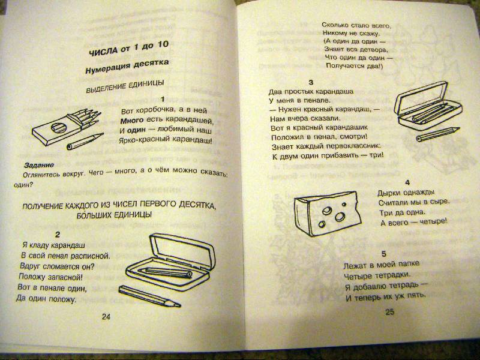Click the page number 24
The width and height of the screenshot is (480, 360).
point(106,317)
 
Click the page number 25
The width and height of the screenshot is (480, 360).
point(389,312)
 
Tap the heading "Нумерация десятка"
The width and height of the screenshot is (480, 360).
point(127,67)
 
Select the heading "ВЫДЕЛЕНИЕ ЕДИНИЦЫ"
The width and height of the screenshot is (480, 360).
point(125,86)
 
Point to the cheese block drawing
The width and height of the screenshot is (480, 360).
point(328,214)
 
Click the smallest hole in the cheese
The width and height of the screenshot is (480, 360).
point(344,204)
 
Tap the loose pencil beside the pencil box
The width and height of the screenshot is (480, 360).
point(85,141)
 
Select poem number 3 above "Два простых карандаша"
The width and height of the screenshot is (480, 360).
point(311,82)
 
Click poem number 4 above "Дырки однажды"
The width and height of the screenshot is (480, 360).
point(407,183)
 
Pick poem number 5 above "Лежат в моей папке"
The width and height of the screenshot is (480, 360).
point(384,254)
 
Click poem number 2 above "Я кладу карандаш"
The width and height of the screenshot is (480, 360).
point(57,235)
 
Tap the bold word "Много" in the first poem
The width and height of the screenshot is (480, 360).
point(131,121)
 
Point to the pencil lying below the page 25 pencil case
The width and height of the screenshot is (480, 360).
point(438,134)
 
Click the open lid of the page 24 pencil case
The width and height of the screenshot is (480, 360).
point(183,250)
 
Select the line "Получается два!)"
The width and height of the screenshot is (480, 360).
point(355,66)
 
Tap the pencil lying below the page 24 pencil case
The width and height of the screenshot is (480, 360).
point(149,296)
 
